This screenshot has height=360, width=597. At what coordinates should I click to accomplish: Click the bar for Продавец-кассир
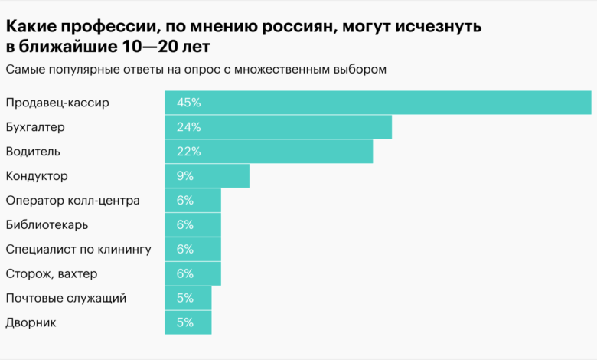(x=377, y=103)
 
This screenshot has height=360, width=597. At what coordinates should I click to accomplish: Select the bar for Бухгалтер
(x=278, y=127)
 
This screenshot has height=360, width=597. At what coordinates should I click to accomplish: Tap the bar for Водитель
(x=269, y=152)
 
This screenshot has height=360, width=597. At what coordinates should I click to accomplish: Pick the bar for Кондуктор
(x=207, y=176)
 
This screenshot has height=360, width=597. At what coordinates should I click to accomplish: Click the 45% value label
(x=188, y=103)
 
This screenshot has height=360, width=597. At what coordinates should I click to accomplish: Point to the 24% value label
(x=188, y=127)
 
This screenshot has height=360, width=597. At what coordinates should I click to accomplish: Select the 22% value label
(x=188, y=152)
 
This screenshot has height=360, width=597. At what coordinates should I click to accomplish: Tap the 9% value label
(x=184, y=176)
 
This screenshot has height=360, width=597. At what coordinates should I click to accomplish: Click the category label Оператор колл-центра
(x=73, y=201)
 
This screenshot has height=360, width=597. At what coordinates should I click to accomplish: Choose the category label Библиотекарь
(x=47, y=225)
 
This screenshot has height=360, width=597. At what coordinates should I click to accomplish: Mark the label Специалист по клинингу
(x=78, y=250)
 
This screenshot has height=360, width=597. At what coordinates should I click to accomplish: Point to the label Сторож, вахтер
(x=51, y=274)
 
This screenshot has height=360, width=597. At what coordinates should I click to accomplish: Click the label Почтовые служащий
(x=66, y=299)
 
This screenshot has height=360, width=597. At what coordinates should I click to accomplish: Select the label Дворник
(x=31, y=323)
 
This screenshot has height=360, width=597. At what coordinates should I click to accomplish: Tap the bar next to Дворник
(x=188, y=323)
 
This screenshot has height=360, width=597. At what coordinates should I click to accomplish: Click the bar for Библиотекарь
(x=193, y=225)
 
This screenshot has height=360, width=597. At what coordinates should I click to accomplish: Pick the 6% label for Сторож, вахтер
(x=184, y=274)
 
